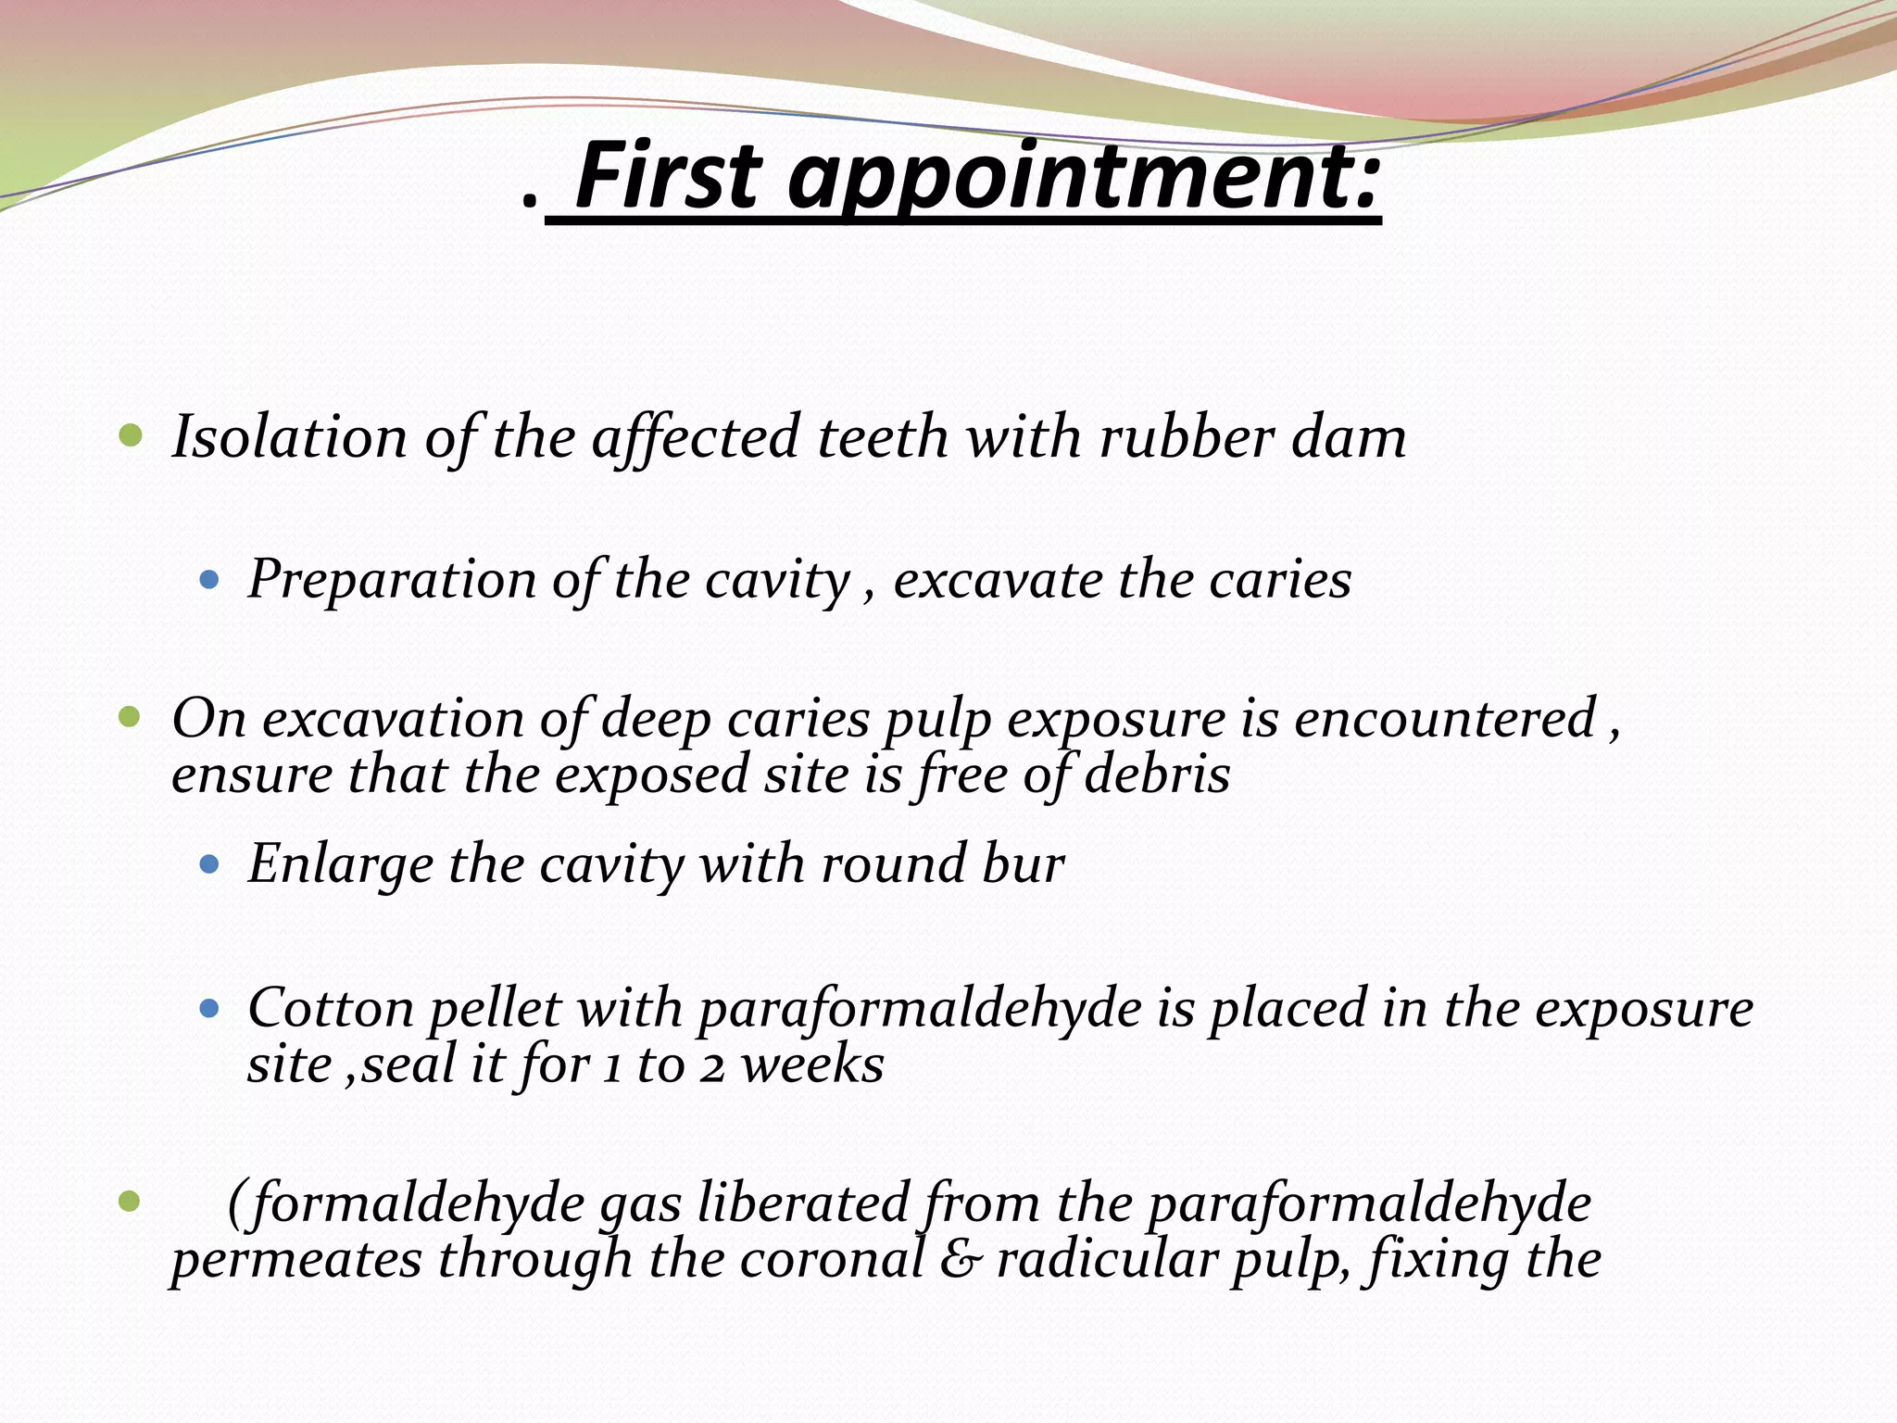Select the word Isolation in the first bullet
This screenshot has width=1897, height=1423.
[x=289, y=436]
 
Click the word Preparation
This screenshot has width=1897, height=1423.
[x=392, y=581]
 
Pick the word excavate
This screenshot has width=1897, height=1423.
[x=996, y=581]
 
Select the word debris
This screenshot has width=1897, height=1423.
[x=1157, y=774]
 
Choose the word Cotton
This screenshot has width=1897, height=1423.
[x=330, y=1008]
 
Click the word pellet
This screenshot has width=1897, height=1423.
[x=495, y=1010]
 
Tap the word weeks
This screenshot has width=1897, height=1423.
[x=812, y=1064]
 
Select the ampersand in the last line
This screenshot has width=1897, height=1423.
[x=960, y=1260]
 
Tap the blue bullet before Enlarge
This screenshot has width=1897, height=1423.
[x=209, y=865]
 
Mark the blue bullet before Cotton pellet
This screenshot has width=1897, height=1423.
[x=209, y=1009]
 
